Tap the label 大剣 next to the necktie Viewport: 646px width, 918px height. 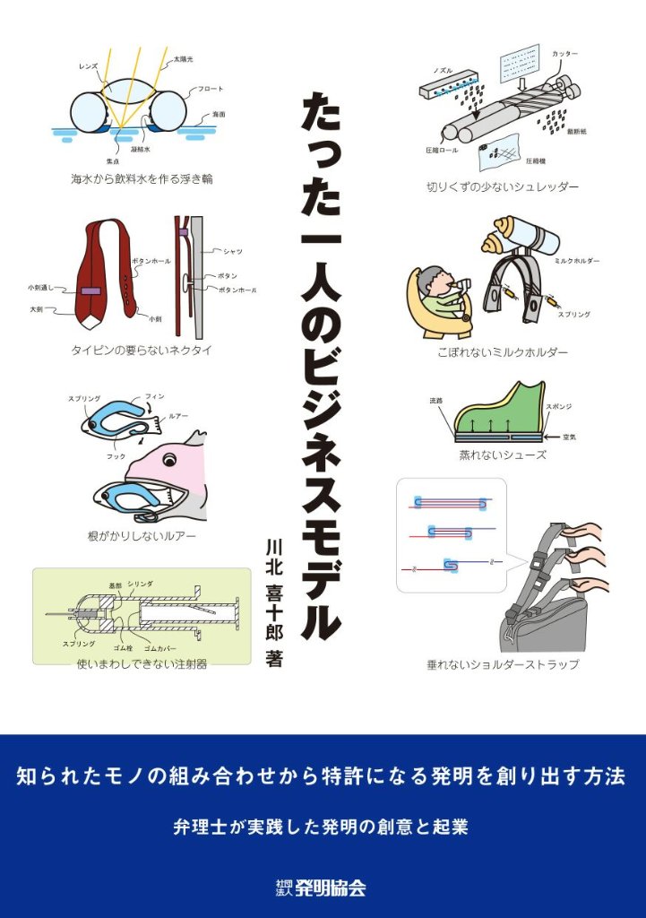(36, 308)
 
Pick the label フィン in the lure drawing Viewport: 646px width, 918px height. (154, 396)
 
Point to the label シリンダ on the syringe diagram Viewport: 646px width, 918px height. (140, 584)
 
